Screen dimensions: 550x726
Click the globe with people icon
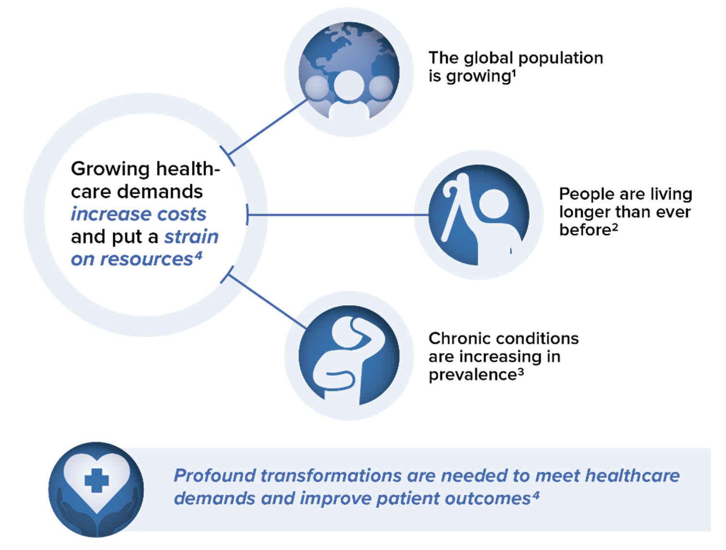(349, 72)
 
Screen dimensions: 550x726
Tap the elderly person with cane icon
(479, 215)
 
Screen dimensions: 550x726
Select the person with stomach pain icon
(349, 355)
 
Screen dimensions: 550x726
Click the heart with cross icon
(96, 489)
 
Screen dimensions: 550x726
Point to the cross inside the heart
(96, 480)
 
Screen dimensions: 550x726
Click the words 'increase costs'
(138, 214)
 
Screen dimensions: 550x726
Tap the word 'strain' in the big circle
(191, 237)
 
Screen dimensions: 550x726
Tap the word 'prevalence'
(472, 375)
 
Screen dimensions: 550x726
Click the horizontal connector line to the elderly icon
(335, 215)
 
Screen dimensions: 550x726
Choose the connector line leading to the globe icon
(268, 127)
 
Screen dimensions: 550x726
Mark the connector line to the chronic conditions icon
(268, 302)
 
